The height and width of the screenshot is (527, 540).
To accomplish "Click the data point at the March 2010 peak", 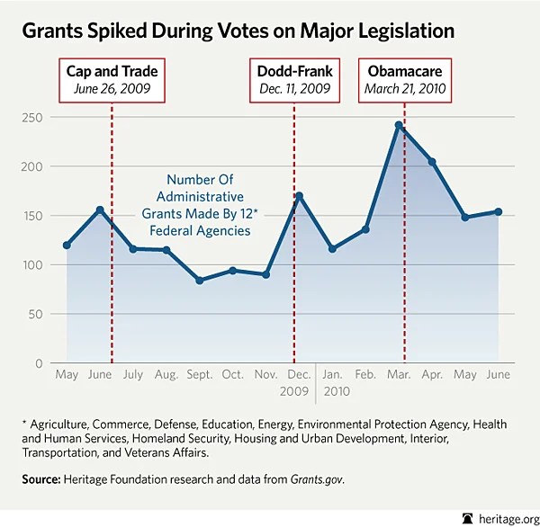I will pos(399,126).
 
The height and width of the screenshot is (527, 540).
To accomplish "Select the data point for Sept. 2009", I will pos(199,281).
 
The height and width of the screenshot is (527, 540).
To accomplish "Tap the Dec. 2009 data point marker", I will pos(299,195).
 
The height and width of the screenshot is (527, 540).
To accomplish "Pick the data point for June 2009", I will pos(100,210).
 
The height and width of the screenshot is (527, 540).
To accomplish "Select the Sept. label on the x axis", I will pos(199,374).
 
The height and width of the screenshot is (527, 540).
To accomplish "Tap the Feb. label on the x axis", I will pos(365,374).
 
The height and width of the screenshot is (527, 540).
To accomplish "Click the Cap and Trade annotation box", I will pos(112,79).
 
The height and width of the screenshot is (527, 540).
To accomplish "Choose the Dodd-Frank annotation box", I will pos(295,79).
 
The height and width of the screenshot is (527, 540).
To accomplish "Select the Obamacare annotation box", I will pos(404,79).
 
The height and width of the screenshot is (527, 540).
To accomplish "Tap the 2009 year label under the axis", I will pos(294,392).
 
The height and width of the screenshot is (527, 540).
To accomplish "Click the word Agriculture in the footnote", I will pos(63,424).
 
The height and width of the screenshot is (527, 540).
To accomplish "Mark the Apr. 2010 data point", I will pos(432,162).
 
